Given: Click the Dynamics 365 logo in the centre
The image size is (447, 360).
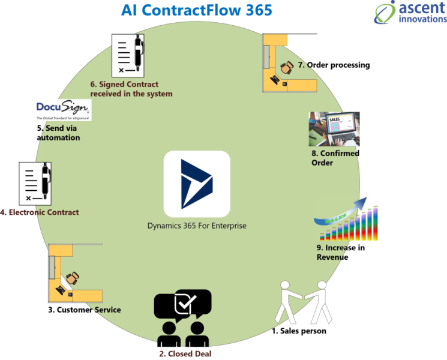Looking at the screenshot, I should coord(197,184).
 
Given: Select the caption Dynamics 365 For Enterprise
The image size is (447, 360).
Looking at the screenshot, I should coord(197,226).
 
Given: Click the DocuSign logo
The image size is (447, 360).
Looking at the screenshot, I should coord(62,110).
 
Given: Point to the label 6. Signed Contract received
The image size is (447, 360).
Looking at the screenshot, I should coord(131,89).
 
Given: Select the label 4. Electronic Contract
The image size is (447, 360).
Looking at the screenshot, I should coord(40,212).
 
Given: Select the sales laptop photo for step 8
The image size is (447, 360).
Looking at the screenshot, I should coord(334,129).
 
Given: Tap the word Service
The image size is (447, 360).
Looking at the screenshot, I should coord(107,310).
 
